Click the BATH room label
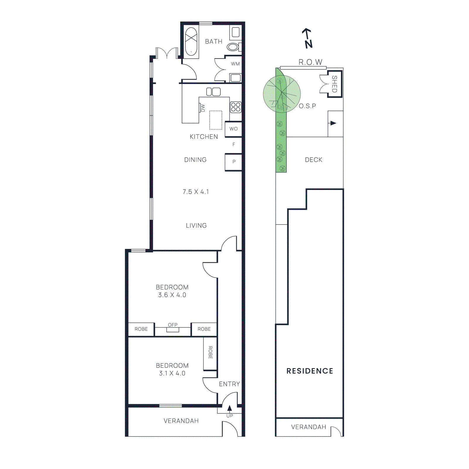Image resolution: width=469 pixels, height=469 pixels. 213,42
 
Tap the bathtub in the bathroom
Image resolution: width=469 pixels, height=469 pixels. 191,41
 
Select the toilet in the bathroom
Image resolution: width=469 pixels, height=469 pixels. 233,47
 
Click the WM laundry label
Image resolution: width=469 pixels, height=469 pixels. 235,64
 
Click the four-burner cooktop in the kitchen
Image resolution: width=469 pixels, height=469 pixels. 236,107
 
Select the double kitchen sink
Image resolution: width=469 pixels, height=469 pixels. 213,92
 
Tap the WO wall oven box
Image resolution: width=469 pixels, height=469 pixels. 233,129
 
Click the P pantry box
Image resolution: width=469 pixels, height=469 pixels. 234,162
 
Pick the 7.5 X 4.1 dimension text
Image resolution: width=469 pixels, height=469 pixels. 196,192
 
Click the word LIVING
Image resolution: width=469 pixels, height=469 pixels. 196,225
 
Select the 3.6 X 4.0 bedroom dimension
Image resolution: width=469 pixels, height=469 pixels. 172,295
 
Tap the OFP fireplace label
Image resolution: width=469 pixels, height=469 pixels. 173,325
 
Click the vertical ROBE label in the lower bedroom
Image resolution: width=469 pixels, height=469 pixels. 210,352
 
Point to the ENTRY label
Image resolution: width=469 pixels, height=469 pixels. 229,384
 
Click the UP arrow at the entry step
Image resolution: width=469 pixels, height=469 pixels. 230,408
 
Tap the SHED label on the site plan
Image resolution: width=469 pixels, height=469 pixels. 334,84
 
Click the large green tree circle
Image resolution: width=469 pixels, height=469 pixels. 282,94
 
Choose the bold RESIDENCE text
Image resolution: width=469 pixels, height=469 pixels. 310,371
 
